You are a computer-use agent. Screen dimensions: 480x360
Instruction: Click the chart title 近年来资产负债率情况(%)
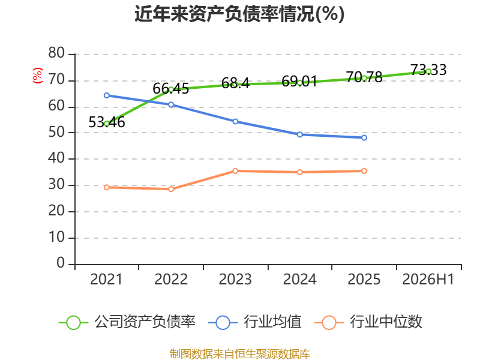[x=239, y=14]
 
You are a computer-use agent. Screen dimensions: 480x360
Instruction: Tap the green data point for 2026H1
[x=428, y=71]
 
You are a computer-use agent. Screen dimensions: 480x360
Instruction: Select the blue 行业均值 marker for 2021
[x=107, y=95]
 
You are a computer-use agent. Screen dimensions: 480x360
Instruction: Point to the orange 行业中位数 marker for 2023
[x=235, y=171]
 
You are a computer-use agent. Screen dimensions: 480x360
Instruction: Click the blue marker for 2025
[x=364, y=138]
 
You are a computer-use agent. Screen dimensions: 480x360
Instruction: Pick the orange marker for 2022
[x=171, y=189]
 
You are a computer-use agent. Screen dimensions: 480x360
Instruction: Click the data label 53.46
[x=107, y=122]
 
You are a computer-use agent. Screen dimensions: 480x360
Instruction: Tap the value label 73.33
[x=428, y=70]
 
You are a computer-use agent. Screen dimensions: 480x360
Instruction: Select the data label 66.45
[x=171, y=89]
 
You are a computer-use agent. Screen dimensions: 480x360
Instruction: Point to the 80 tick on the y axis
[x=56, y=53]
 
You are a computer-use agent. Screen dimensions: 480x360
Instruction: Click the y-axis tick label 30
[x=56, y=185]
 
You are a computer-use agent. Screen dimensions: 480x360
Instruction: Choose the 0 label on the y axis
[x=61, y=263]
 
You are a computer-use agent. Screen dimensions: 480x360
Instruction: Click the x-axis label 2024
[x=299, y=279]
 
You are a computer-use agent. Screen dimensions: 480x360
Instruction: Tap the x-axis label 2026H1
[x=428, y=279]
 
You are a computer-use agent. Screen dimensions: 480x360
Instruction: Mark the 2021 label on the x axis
[x=106, y=279]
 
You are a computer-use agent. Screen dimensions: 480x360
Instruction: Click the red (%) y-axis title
[x=38, y=76]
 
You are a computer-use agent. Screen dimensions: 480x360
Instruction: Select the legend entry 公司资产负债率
[x=127, y=322]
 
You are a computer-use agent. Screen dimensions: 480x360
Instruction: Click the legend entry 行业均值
[x=254, y=322]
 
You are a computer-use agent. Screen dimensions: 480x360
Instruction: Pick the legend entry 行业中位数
[x=368, y=322]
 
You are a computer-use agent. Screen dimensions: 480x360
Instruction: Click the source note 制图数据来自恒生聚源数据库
[x=240, y=354]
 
